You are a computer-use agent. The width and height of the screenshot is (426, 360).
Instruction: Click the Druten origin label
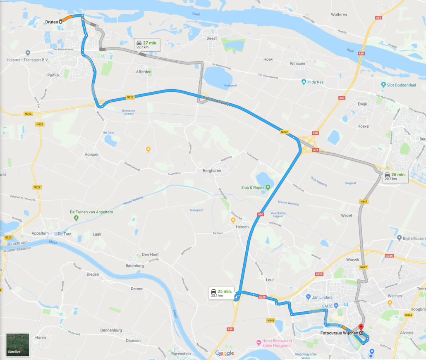[x=52, y=21]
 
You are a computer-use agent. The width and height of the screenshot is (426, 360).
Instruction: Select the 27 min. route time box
[x=147, y=45]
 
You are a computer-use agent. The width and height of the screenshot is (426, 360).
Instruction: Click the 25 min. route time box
[x=221, y=293]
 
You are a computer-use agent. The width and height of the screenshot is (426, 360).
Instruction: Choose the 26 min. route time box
[x=395, y=176]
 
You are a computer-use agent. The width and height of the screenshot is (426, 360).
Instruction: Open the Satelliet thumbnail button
[x=18, y=345]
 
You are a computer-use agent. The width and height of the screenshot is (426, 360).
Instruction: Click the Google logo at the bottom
[x=225, y=353]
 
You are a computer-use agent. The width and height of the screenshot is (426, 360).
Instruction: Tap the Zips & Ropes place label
[x=252, y=187]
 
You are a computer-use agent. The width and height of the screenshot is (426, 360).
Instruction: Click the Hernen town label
[x=242, y=227]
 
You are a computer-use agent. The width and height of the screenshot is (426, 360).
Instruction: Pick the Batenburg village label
[x=134, y=266]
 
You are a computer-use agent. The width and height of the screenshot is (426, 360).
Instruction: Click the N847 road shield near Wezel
[x=364, y=201]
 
